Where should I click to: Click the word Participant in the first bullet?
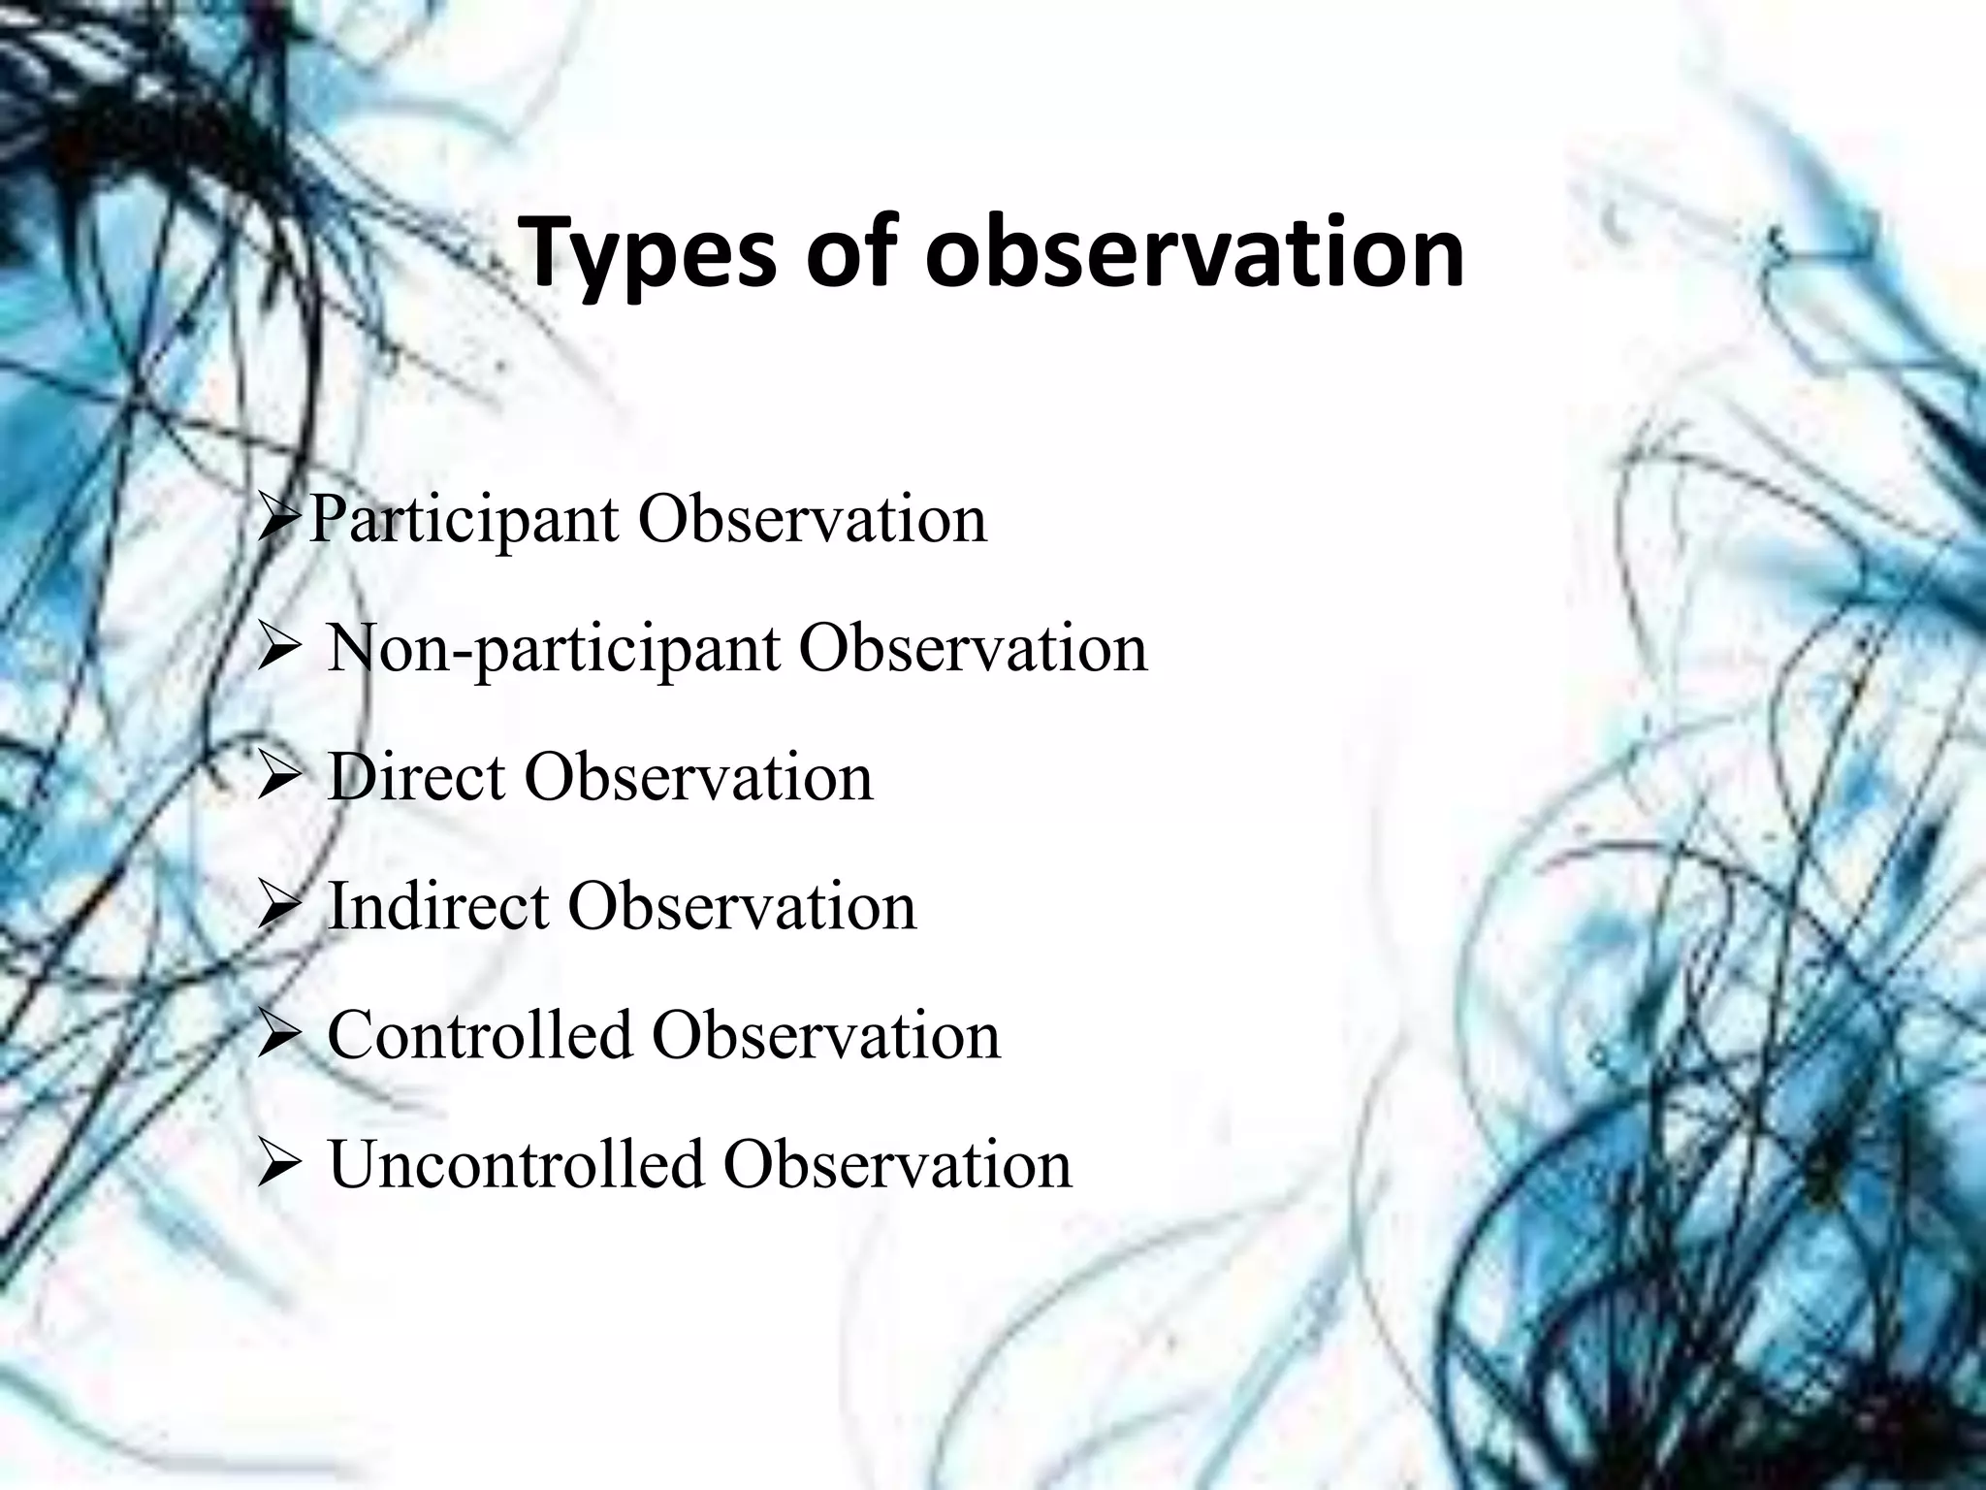point(464,521)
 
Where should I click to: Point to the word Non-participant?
point(554,650)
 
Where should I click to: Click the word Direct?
point(416,778)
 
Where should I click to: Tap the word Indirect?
point(438,907)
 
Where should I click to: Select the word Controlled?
point(479,1035)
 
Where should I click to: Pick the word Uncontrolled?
point(516,1164)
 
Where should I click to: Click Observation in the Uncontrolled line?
point(897,1164)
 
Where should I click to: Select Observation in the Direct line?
point(698,778)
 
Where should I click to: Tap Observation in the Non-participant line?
point(973,650)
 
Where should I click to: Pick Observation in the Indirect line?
point(742,907)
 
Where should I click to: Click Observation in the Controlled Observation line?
point(825,1035)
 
